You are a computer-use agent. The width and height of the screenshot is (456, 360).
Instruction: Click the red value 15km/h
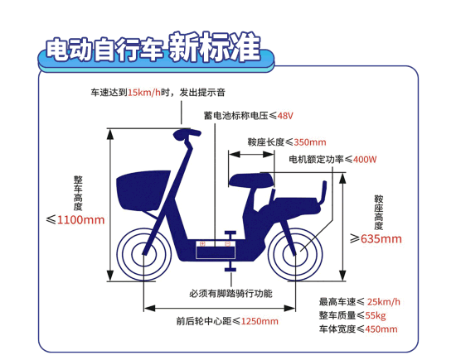[x=144, y=93]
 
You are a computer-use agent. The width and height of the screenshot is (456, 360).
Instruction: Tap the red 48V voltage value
[x=285, y=116]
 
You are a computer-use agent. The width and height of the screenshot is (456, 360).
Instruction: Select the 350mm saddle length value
[x=310, y=142]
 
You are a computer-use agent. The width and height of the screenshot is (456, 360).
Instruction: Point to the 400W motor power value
[x=365, y=160]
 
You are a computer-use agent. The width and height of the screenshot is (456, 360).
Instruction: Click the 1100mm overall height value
[x=81, y=220]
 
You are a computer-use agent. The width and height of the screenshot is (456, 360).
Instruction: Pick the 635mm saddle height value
[x=381, y=238]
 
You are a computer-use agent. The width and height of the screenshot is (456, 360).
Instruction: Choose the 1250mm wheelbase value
[x=260, y=321]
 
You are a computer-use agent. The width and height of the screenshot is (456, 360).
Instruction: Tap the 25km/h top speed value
[x=384, y=302]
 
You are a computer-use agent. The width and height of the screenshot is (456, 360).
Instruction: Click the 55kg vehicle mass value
[x=376, y=315]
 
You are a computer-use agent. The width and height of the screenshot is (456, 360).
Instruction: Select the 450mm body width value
[x=381, y=329]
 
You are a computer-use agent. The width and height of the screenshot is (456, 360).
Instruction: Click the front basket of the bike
[x=143, y=190]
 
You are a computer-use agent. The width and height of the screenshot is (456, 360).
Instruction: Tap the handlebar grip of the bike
[x=187, y=133]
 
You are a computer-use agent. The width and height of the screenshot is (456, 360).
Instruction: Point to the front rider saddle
[x=251, y=180]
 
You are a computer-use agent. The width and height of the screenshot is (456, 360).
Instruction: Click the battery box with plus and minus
[x=216, y=249]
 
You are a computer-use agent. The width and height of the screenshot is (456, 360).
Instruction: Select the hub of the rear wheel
[x=295, y=254]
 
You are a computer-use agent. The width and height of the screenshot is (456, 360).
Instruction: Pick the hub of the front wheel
[x=144, y=254]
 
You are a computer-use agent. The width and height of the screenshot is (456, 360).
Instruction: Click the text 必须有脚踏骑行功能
[x=231, y=294]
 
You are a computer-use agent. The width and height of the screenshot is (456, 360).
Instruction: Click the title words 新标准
[x=215, y=47]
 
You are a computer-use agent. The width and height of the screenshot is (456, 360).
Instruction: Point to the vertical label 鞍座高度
[x=379, y=212]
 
